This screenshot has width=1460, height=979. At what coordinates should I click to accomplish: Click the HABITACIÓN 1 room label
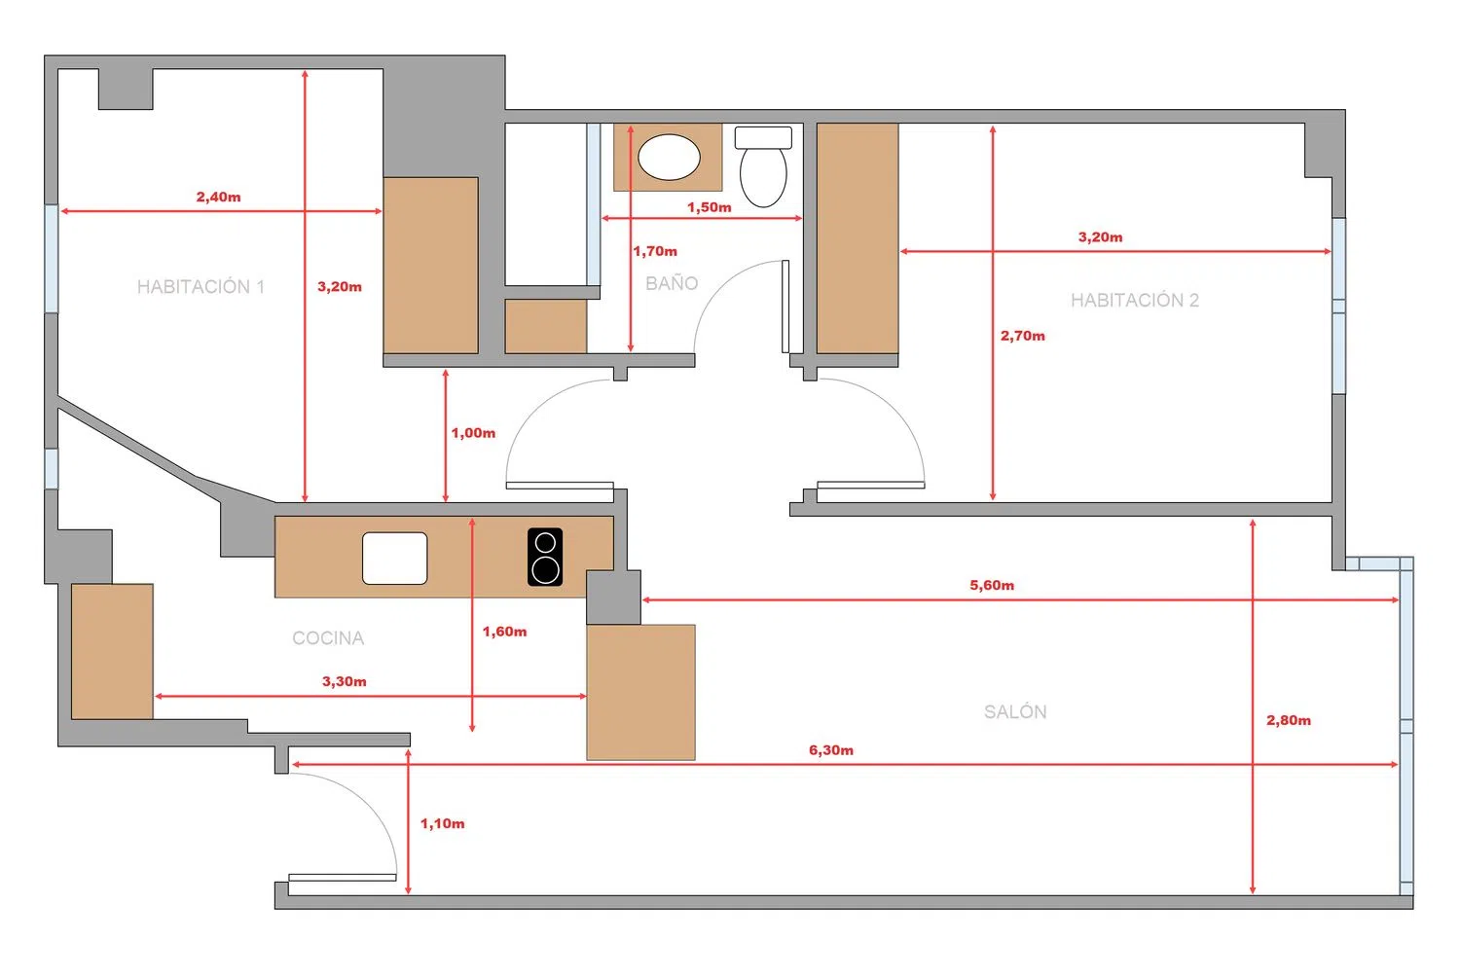click(201, 287)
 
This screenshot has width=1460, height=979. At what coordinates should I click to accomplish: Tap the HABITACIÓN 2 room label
click(1135, 301)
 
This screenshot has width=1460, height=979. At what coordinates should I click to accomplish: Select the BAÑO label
click(672, 283)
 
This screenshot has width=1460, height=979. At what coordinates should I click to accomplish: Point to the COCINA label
click(328, 638)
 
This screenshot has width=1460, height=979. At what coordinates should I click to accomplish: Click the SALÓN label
click(1015, 711)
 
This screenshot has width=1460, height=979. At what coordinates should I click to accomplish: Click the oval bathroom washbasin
click(669, 157)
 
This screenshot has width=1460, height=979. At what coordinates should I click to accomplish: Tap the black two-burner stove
click(545, 557)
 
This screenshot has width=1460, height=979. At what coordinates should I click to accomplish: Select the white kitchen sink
click(395, 558)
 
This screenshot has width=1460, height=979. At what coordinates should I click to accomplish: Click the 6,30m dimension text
click(831, 750)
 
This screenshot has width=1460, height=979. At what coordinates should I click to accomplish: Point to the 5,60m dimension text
click(992, 585)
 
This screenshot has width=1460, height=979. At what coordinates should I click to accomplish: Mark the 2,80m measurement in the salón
click(1288, 720)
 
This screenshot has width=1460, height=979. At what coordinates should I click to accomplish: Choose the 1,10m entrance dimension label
click(443, 824)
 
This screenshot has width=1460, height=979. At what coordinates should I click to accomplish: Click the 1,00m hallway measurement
click(473, 433)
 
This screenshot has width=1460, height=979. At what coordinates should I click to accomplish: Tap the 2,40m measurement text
click(218, 197)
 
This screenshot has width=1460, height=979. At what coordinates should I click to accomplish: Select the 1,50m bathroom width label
click(710, 207)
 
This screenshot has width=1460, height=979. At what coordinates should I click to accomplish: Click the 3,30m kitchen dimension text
click(345, 682)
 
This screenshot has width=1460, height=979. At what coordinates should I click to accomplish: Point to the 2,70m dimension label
click(1023, 336)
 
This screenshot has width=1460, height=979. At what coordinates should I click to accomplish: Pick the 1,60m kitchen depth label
click(504, 632)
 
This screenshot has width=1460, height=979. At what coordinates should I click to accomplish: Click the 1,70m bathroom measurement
click(655, 251)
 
